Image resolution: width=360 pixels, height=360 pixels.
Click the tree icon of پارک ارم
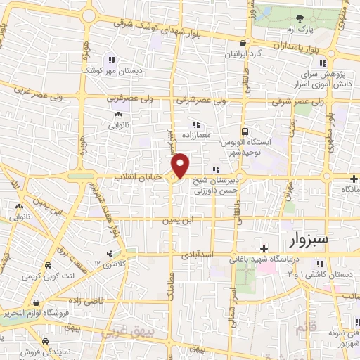(300, 19)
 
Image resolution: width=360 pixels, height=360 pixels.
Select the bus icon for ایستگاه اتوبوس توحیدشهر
(245, 131)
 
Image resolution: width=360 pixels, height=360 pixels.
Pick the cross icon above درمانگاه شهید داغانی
(264, 249)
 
